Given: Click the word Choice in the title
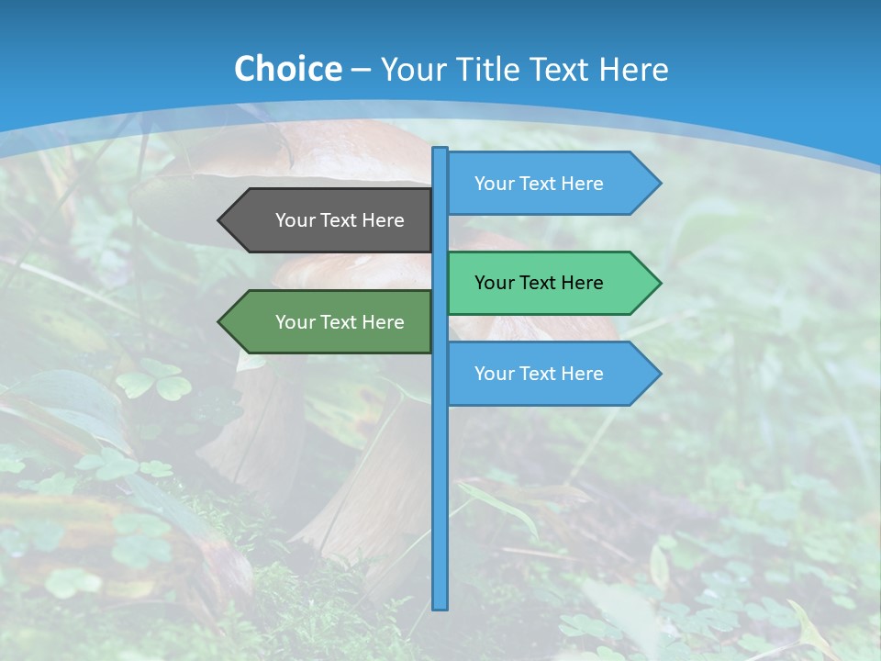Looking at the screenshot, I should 287,69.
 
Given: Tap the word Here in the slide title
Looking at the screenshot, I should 633,69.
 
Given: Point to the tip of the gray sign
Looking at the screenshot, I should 220,220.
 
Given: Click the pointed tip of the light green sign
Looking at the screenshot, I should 659,283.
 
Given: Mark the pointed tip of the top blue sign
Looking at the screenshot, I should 659,184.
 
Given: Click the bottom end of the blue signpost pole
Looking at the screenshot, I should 440,606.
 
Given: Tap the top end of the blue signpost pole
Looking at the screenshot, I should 440,151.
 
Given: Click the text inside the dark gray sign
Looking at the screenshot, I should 340,220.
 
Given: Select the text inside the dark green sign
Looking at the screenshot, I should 340,322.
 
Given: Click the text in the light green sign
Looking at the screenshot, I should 539,283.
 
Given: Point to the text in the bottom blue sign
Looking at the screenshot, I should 539,374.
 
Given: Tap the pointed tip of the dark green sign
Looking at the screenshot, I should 220,322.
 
